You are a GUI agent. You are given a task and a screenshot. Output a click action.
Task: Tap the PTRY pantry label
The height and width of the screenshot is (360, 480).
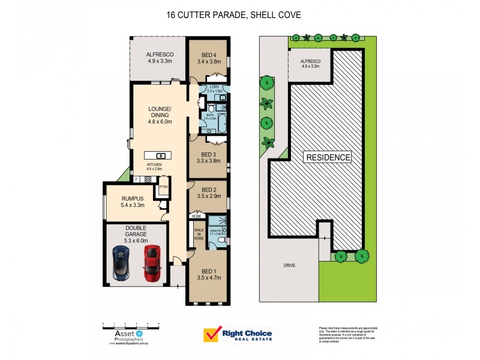click(x=163, y=187)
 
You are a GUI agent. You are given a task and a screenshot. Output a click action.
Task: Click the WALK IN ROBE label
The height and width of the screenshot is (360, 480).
click(x=199, y=232)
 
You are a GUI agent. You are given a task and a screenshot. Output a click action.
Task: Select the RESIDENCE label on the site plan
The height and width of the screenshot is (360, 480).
click(x=328, y=158)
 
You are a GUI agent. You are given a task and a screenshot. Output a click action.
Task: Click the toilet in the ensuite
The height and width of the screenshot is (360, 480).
click(x=221, y=239)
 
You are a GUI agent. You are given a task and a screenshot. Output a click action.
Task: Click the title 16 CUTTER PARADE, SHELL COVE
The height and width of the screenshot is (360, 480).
click(x=234, y=14)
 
